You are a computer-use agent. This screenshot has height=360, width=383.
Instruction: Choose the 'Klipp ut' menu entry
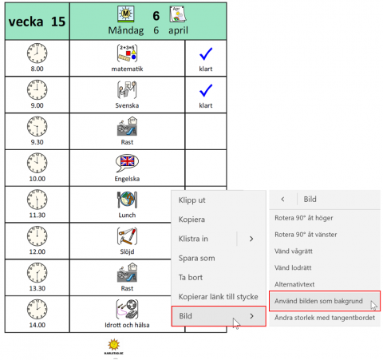[191, 200]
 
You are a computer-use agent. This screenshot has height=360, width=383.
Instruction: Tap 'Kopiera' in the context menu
[191, 220]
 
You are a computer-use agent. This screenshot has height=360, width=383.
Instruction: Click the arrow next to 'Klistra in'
[251, 239]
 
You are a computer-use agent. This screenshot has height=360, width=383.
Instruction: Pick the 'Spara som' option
[196, 258]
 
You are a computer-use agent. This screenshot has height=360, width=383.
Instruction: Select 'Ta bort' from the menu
[191, 278]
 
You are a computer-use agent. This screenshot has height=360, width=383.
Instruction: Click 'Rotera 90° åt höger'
[304, 218]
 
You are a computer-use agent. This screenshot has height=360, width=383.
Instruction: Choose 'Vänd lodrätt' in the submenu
[293, 267]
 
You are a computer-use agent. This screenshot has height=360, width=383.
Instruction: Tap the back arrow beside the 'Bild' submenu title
[282, 199]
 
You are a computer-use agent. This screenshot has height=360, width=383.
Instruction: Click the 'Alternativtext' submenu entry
[294, 284]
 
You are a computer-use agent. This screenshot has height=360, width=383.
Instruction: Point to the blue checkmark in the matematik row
[206, 53]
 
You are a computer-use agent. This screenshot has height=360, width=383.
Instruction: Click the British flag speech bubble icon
[127, 163]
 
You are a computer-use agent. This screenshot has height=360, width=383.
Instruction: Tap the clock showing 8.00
[37, 53]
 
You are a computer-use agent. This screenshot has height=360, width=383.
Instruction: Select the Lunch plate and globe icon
[127, 200]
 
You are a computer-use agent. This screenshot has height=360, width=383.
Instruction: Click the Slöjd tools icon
[127, 236]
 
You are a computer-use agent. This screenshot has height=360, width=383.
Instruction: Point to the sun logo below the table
[114, 344]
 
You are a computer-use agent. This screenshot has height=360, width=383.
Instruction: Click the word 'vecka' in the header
[26, 22]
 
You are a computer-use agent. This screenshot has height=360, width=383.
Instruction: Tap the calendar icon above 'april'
[178, 14]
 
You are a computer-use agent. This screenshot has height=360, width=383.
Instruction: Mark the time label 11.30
[37, 215]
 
